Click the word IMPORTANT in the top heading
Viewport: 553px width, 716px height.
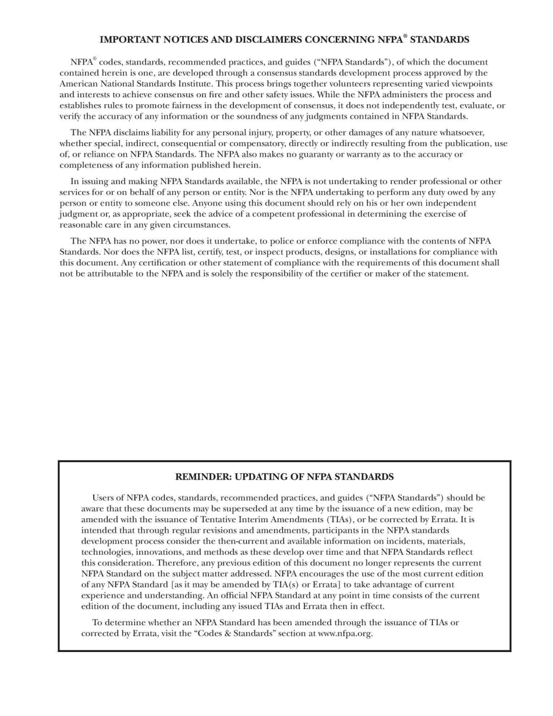click(130, 40)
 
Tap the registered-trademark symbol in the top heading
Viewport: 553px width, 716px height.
click(405, 37)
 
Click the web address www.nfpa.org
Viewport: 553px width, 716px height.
click(345, 634)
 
